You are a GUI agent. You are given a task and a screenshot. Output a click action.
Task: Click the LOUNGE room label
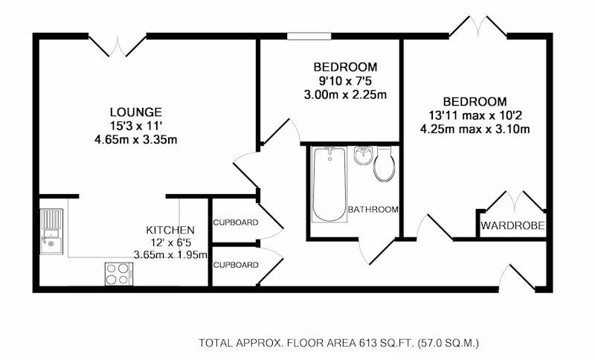point(136,112)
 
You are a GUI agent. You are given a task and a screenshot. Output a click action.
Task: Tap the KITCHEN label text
point(170,230)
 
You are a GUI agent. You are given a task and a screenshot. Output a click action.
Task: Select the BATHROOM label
point(373,210)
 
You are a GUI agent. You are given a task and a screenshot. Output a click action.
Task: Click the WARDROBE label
point(512,225)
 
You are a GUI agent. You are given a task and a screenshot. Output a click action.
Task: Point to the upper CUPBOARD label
point(236,222)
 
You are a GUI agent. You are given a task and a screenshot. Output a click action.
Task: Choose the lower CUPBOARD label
point(236,265)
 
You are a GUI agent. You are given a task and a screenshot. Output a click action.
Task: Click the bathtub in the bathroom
point(329,184)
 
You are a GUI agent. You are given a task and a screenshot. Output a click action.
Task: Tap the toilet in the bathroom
point(384,164)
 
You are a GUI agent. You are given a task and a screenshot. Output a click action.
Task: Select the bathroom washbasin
point(364,155)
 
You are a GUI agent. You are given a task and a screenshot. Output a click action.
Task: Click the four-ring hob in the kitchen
point(119,274)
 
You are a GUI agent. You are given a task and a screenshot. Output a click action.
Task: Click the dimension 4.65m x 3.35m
point(136,140)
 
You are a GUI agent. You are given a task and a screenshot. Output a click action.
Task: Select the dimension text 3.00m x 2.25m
point(345,94)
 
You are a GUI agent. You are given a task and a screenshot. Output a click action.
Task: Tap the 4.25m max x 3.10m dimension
point(475,129)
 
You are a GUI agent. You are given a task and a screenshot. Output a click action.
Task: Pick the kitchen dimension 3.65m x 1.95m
point(170,254)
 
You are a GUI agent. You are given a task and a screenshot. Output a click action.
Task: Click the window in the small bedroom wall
point(309,36)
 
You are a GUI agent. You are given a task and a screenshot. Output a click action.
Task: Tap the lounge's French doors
point(118,45)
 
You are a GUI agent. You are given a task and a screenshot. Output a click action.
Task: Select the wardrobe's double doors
point(515,201)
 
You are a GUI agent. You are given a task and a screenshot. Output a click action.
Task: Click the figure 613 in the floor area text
point(367,344)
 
